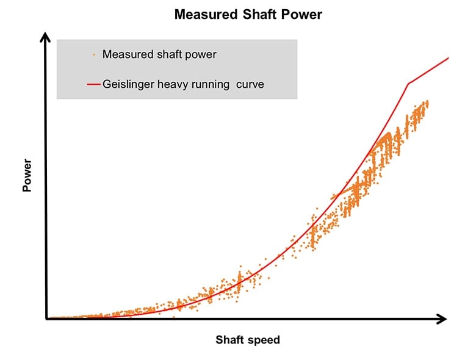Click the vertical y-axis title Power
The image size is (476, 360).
click(27, 176)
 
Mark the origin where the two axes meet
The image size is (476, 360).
click(46, 319)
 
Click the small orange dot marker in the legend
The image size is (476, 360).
click(93, 55)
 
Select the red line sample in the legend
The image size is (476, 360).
click(93, 85)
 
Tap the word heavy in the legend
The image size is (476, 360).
click(173, 85)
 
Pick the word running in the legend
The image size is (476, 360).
click(211, 85)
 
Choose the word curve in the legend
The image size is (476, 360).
click(251, 85)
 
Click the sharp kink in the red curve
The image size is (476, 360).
click(408, 83)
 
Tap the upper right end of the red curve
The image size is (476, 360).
click(449, 58)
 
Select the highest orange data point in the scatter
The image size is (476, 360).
click(427, 101)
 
